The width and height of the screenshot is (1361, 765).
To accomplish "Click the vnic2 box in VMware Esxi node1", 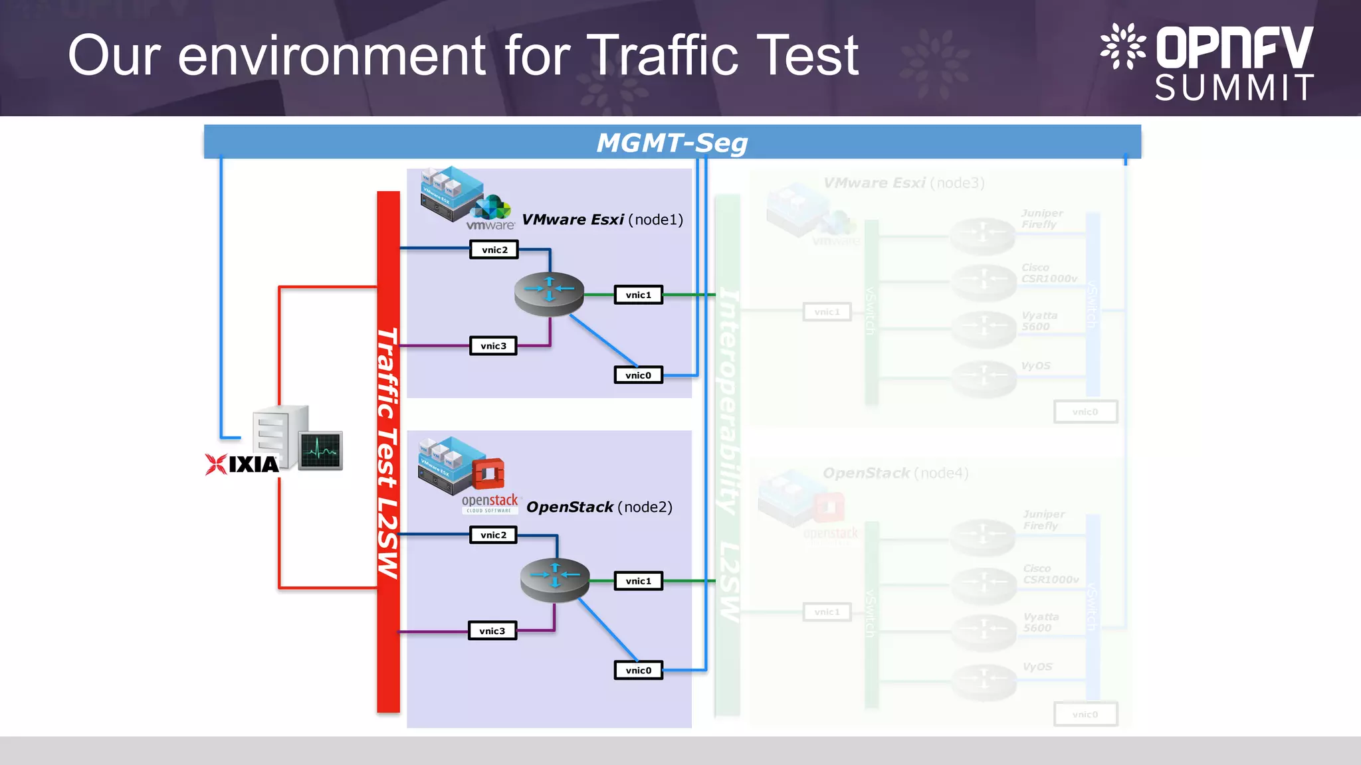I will [x=494, y=250].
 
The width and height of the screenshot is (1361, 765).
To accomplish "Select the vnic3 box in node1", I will [x=493, y=346].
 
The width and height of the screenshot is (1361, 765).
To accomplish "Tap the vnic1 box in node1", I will [x=638, y=295].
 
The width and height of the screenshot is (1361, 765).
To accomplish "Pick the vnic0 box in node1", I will [x=638, y=375].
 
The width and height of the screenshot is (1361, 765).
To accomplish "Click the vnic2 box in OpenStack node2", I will [x=493, y=535].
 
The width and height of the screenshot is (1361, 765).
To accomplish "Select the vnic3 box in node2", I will [x=492, y=631].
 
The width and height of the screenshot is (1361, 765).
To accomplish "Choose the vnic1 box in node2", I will [x=638, y=581].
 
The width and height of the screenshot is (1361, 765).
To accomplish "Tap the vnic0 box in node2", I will [x=638, y=670].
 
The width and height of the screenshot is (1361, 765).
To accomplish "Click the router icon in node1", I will [x=549, y=293].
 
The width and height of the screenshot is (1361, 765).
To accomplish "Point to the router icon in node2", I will [x=555, y=579].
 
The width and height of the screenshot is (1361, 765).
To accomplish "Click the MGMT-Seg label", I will [x=672, y=143].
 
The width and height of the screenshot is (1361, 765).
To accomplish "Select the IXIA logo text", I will [x=253, y=464].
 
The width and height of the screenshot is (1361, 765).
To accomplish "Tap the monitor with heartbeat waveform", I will [x=320, y=450].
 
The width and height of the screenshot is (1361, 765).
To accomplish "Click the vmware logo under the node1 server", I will [x=490, y=225].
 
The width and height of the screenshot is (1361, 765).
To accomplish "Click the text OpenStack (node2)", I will [x=599, y=507].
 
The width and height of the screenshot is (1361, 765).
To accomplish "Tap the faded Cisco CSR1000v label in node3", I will [x=1049, y=273].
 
